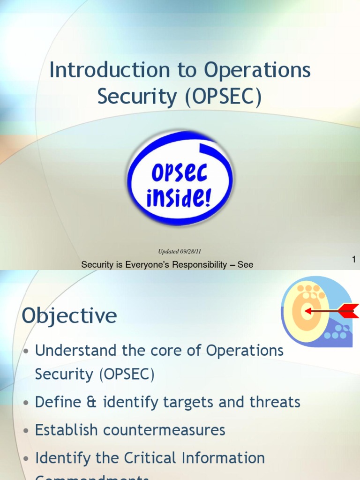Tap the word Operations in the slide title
[x=257, y=71]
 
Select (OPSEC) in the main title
[x=223, y=97]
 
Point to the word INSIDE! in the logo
[x=179, y=198]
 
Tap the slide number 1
[x=354, y=259]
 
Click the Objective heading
[x=69, y=316]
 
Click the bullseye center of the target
[x=307, y=311]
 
